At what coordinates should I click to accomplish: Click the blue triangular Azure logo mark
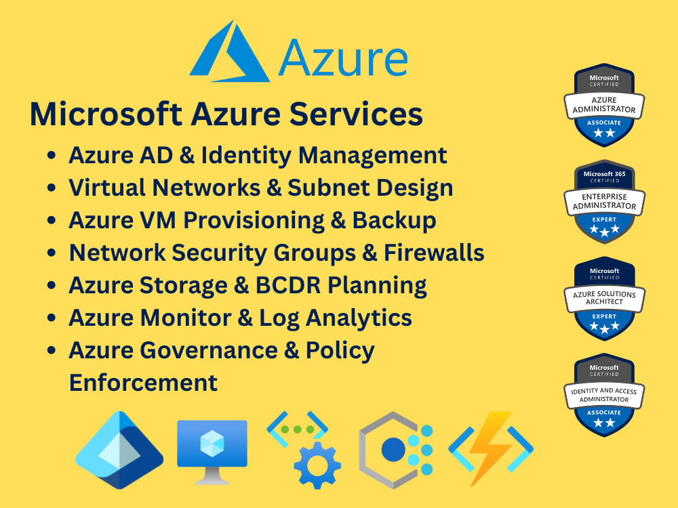[x=229, y=54]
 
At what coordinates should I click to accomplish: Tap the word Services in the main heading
[x=356, y=114]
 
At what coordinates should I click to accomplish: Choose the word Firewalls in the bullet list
[x=434, y=253]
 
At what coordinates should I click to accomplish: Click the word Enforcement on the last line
[x=143, y=383]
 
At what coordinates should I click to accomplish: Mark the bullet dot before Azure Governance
[x=52, y=350]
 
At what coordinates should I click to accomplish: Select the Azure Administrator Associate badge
[x=604, y=105]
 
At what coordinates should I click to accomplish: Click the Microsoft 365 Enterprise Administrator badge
[x=604, y=202]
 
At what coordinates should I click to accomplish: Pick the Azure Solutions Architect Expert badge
[x=604, y=299]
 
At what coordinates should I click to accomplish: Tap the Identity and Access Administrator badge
[x=604, y=395]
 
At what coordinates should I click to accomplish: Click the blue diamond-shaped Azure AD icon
[x=119, y=450]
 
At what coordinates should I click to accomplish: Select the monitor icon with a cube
[x=212, y=451]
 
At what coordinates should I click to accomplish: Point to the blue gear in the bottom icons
[x=317, y=465]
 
